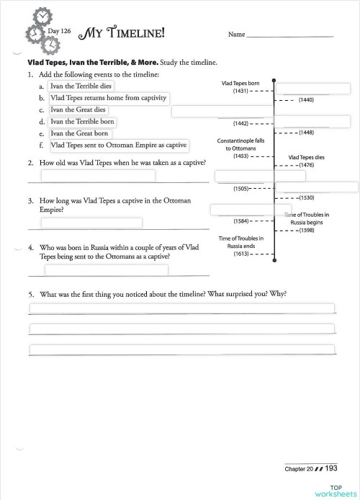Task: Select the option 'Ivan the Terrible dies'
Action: coord(86,86)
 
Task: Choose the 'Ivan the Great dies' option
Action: coord(78,110)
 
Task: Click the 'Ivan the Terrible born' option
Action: coord(82,122)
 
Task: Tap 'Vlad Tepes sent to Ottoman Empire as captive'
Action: coord(118,145)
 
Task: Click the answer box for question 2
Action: coord(98,176)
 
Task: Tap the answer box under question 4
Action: coord(107,270)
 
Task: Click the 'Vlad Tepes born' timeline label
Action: coord(240,84)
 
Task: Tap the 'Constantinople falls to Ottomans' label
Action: coord(240,144)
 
